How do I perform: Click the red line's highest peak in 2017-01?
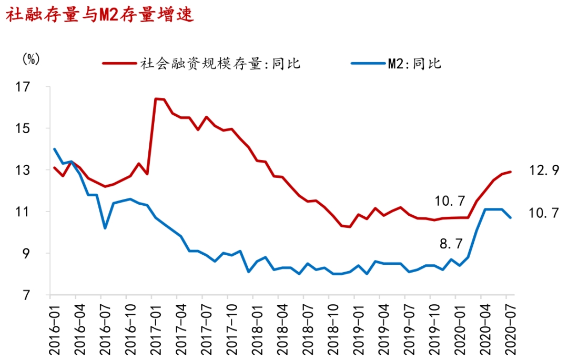pyautogui.click(x=156, y=98)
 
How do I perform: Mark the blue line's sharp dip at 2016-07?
pyautogui.click(x=105, y=228)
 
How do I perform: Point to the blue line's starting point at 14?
pyautogui.click(x=55, y=149)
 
